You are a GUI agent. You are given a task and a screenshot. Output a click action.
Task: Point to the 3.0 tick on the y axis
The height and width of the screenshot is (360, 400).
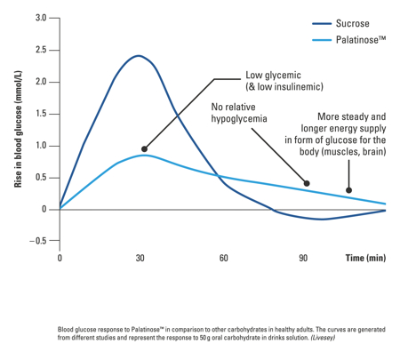coord(41,18)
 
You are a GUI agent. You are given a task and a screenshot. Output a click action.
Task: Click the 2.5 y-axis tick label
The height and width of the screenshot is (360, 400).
coord(41,50)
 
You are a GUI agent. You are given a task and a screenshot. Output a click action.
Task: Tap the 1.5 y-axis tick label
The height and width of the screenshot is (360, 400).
coord(41,114)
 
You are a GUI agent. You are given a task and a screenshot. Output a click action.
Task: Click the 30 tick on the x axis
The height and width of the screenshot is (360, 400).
coord(140,258)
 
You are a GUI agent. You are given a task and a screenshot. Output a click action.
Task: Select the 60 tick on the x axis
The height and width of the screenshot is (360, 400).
coord(222,258)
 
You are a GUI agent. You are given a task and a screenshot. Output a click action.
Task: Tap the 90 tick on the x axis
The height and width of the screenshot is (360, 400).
coord(303,258)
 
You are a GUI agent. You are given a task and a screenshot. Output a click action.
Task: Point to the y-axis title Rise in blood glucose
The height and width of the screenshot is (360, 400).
coord(17,130)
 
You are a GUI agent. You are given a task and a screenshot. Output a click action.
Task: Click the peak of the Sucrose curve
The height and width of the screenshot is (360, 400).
coord(138,55)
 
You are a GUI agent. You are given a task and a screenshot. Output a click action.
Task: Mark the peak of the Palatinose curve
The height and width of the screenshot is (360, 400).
coord(144,155)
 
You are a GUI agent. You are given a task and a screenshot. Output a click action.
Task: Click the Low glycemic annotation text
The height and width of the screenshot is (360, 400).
coord(284,81)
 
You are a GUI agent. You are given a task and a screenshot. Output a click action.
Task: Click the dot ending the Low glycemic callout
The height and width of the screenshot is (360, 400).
coord(144,148)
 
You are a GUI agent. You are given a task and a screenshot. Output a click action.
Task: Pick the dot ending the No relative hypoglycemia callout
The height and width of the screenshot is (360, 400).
coord(307,184)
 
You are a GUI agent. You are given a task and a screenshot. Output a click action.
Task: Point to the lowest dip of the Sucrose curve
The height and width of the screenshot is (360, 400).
coord(322,220)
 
